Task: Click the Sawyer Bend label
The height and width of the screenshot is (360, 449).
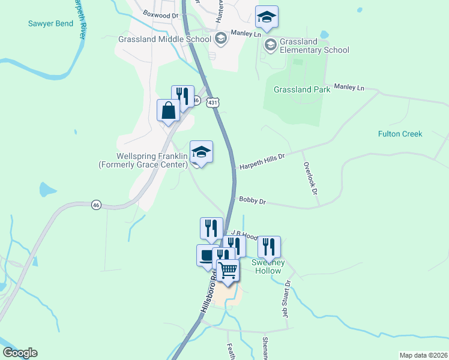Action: coord(50,24)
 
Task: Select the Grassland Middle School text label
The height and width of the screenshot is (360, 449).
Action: coord(164,40)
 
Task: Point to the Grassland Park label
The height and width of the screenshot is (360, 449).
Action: coord(302,89)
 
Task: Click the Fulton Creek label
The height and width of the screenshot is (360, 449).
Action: coord(400,134)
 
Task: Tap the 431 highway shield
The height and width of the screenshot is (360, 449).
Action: coord(212,103)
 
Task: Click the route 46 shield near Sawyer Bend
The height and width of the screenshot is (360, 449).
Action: coord(96,205)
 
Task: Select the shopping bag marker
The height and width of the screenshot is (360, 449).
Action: coord(169,110)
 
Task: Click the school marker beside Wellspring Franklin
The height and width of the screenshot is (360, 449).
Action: coord(201,152)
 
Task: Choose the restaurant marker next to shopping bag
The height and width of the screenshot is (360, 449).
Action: coord(182,96)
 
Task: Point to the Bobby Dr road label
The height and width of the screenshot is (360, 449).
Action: coord(252,201)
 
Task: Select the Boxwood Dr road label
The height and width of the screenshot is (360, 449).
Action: coord(161,13)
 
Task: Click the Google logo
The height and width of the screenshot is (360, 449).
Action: coord(20,353)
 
